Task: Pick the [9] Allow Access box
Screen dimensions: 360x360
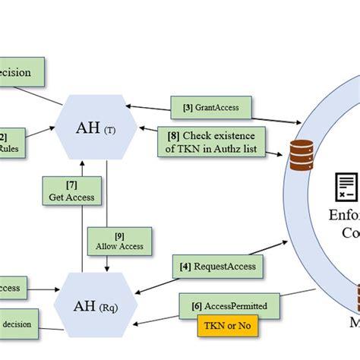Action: coord(120,240)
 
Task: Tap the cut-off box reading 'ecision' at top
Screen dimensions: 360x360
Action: coord(21,74)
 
